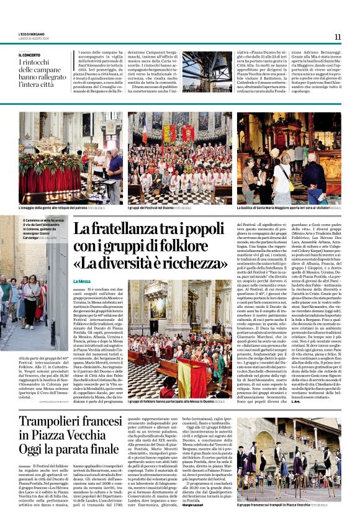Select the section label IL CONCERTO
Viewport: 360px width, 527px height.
click(x=33, y=55)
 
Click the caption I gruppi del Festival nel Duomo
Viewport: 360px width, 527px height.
click(x=158, y=208)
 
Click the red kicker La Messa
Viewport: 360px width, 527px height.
click(x=82, y=281)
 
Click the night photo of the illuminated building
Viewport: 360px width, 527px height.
click(x=207, y=72)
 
